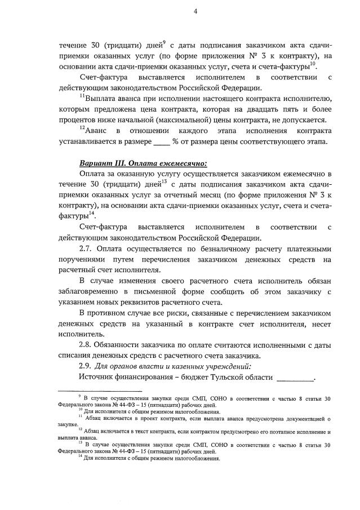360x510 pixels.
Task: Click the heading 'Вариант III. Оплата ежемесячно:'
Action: point(143,164)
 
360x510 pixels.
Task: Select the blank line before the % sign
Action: point(162,141)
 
